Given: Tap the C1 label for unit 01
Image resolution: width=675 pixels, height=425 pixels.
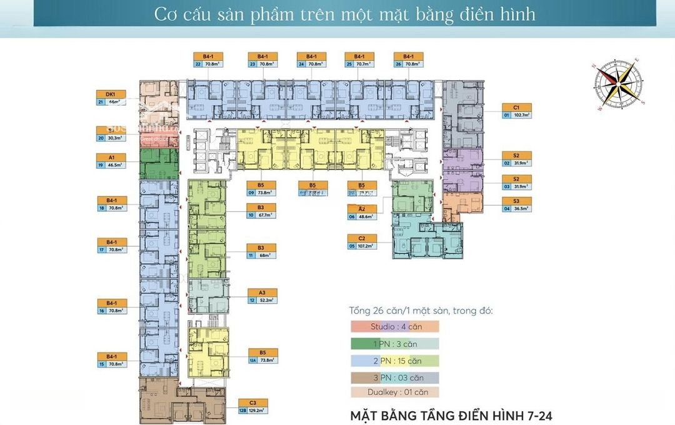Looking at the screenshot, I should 516,107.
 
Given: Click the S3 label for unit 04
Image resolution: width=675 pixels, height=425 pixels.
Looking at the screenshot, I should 516,201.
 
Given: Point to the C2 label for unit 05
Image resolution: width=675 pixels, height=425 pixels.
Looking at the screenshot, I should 362,238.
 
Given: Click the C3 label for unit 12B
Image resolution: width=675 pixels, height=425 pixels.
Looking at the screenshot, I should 252,403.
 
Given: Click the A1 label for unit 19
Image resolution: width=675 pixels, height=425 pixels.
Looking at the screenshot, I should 111,157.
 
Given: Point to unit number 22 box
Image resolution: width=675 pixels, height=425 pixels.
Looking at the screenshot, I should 197,64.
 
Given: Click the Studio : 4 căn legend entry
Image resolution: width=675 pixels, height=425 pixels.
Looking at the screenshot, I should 394,326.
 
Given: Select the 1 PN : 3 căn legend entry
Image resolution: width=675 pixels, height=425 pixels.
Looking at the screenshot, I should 394,344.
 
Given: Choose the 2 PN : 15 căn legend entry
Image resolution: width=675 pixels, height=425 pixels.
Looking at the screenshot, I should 394,361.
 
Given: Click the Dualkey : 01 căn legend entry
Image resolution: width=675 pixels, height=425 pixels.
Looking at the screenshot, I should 394,392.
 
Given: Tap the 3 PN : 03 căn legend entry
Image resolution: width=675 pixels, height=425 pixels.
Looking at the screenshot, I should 394,377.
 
